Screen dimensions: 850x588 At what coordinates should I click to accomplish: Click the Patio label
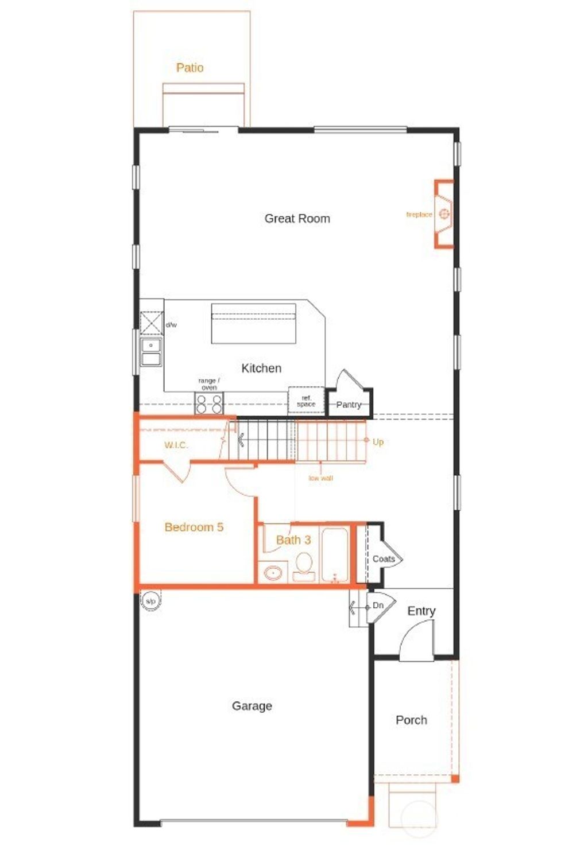pos(189,68)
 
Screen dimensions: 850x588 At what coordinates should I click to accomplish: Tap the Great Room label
pos(297,219)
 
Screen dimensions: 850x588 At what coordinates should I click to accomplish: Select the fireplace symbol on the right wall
pos(444,214)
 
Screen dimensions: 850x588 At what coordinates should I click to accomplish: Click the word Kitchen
pos(261,368)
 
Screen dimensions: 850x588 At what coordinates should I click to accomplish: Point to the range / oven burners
pos(209,404)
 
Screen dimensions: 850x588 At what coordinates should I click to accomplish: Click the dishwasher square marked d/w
pos(152,323)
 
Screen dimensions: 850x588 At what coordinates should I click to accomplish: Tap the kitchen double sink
pos(152,352)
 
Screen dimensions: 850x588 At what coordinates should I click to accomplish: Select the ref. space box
pos(306,401)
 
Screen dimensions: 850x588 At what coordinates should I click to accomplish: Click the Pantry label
pos(349,405)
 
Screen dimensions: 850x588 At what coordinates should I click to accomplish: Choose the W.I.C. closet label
pos(176,445)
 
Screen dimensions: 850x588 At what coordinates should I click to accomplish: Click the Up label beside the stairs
pos(378,442)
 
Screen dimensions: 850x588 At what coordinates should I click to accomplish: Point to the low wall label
pos(320,478)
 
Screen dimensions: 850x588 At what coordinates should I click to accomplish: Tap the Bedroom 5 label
pos(194,527)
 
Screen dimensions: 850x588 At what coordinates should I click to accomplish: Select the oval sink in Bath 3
pos(273,573)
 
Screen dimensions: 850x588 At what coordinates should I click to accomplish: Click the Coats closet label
pos(383,559)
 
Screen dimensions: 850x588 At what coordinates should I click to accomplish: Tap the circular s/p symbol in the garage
pos(150,601)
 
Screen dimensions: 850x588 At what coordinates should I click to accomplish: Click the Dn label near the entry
pos(378,606)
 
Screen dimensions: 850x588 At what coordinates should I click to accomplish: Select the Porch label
pos(411,720)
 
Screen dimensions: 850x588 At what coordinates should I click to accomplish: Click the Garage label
pos(252,706)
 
